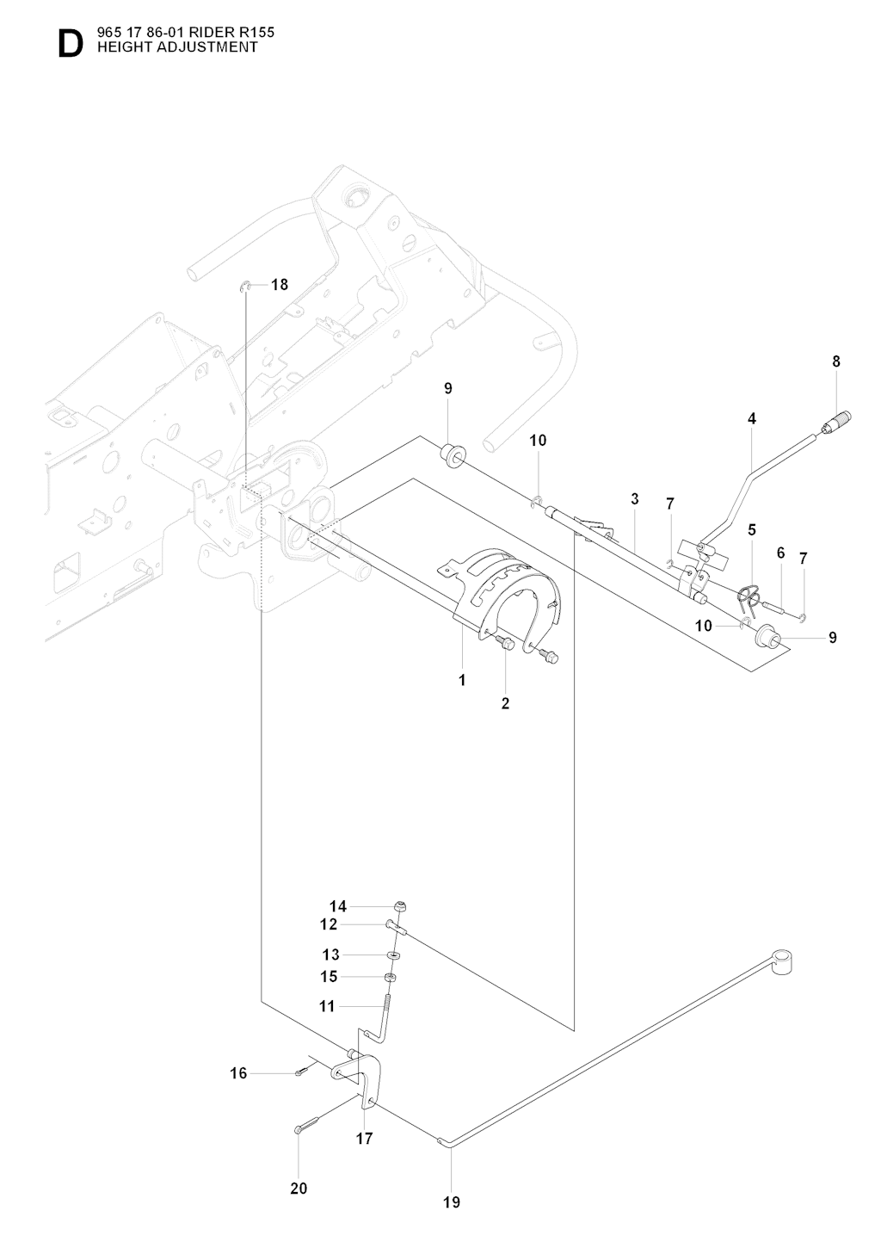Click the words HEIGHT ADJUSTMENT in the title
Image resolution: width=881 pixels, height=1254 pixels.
pos(177,47)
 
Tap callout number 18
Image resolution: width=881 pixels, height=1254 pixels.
pos(280,284)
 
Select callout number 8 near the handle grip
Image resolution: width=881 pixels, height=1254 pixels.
pos(835,361)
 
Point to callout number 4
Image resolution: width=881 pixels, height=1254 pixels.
pos(752,419)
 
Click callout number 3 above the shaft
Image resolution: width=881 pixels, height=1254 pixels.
pos(634,498)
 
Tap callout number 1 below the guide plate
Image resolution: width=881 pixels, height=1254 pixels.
pos(462,679)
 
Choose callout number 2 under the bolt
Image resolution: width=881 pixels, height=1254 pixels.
pos(505,703)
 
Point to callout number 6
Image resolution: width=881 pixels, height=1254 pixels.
pos(780,553)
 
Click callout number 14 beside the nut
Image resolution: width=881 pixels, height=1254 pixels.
pos(338,906)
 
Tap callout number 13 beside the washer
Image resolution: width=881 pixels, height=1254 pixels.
pos(330,954)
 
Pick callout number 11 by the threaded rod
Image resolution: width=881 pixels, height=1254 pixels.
pos(327,1005)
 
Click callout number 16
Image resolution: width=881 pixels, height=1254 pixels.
pos(238,1072)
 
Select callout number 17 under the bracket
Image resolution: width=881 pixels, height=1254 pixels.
pos(364,1138)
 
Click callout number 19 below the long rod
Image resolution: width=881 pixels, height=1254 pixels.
pos(452,1202)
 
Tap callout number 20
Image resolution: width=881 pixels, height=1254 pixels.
pos(299,1188)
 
